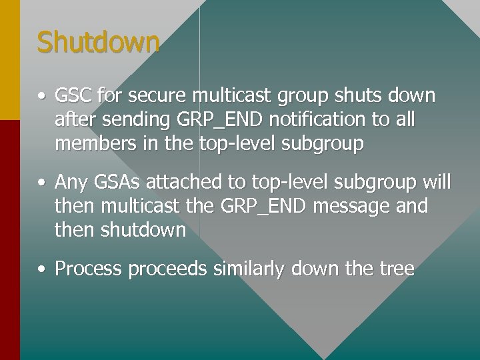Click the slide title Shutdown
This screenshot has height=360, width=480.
[x=99, y=43]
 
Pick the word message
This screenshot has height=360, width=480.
[x=352, y=207]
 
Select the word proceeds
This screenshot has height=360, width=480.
[x=167, y=269]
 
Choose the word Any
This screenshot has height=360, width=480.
[x=70, y=183]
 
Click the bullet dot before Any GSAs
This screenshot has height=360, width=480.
[x=42, y=183]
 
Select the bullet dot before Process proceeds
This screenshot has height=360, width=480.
[x=42, y=269]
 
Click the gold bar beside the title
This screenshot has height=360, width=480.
[x=9, y=60]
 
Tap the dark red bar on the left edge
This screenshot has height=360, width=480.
[x=9, y=240]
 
